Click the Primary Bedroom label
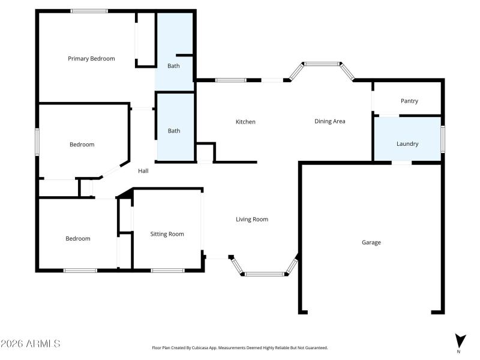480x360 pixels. click(x=91, y=59)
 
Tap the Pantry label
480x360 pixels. click(x=409, y=101)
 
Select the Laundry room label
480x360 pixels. click(x=407, y=144)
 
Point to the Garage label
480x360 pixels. click(x=371, y=242)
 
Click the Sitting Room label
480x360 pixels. click(x=167, y=234)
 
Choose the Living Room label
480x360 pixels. click(x=251, y=220)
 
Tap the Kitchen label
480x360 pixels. click(x=245, y=122)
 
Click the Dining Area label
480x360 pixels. click(x=330, y=121)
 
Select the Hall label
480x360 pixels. click(x=143, y=171)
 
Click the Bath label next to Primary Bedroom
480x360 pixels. click(x=173, y=66)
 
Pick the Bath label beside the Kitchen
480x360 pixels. click(x=174, y=131)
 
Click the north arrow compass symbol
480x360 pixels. click(x=460, y=341)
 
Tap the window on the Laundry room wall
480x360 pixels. click(x=443, y=139)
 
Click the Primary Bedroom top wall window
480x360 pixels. click(x=89, y=11)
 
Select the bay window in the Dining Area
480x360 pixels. click(x=322, y=64)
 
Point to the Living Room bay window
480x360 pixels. click(x=265, y=274)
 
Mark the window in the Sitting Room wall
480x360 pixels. click(x=167, y=270)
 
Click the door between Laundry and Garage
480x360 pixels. click(x=402, y=162)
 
